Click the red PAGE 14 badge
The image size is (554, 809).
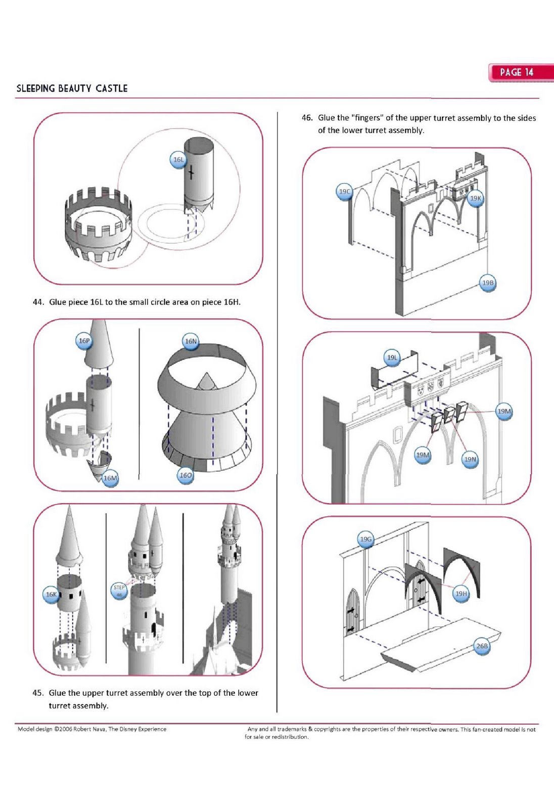(x=517, y=72)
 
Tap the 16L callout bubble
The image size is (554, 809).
(x=178, y=160)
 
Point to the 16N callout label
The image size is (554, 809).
(x=191, y=342)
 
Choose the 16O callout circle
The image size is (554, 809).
(x=186, y=475)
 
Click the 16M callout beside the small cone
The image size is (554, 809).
(x=110, y=478)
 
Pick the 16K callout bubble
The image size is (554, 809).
(x=52, y=595)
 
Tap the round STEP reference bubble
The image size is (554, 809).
(x=119, y=591)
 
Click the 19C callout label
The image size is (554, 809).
(x=345, y=192)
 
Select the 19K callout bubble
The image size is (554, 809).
(x=476, y=198)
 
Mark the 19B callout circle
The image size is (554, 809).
(x=487, y=283)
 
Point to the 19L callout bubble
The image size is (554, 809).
(x=392, y=357)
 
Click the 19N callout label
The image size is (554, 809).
(x=470, y=460)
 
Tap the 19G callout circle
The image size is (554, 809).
(x=365, y=540)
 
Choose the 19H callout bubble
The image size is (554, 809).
(x=461, y=594)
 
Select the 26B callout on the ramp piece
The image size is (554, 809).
(x=482, y=646)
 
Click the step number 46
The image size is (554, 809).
(x=307, y=118)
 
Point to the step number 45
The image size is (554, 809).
(x=37, y=693)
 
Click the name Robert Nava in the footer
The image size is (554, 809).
(x=89, y=729)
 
